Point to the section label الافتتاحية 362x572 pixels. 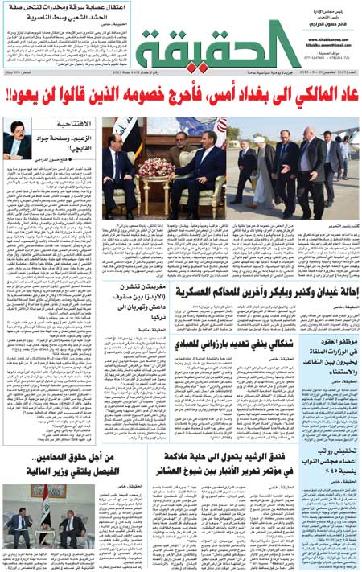pos(72,124)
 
